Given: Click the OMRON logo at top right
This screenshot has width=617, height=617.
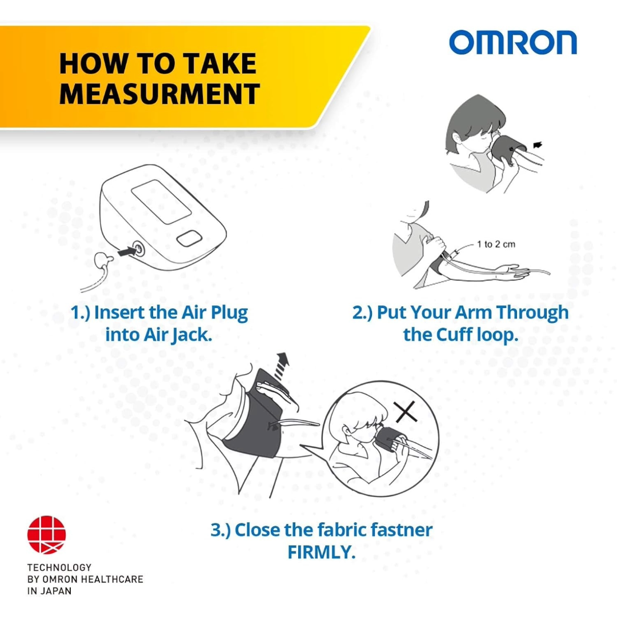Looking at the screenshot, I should click(512, 43).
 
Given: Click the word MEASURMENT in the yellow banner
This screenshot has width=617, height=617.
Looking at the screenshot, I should click(159, 94).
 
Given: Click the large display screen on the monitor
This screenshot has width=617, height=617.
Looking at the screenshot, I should click(159, 205).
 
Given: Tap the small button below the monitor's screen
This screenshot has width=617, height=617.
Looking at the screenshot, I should click(189, 238).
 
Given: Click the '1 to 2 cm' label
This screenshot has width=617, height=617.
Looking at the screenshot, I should click(496, 245).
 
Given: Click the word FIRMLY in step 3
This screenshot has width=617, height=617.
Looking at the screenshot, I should click(321, 552).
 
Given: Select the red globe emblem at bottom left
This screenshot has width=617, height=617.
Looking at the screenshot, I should click(47, 535).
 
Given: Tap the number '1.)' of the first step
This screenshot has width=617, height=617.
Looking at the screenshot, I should click(81, 313).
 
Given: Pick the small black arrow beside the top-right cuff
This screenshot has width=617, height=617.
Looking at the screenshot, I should click(537, 146).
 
